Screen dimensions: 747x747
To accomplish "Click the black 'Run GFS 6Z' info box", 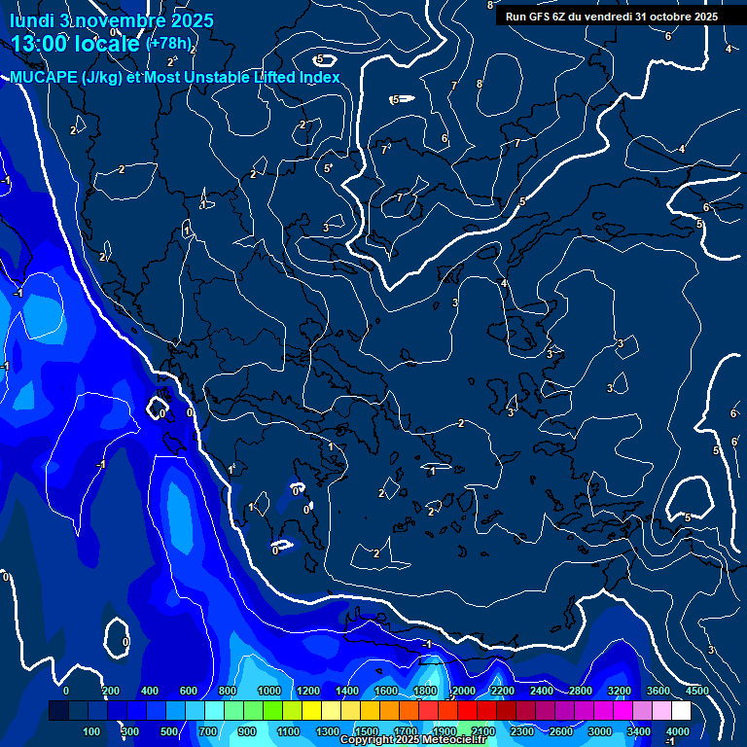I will (x=611, y=17).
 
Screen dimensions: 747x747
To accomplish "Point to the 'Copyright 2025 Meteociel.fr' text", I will (x=412, y=740).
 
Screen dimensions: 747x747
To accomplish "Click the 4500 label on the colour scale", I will (x=696, y=691).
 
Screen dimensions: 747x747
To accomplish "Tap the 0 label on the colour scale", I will (x=66, y=691).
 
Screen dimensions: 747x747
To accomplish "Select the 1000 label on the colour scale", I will (x=267, y=691).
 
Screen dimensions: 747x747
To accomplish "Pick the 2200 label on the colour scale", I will (x=502, y=691).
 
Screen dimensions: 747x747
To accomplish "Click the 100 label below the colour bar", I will (x=92, y=731).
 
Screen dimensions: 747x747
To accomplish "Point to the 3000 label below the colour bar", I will (x=600, y=731).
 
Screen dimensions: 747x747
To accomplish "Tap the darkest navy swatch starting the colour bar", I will (x=58, y=711).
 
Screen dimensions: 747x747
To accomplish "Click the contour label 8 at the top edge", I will (x=489, y=6).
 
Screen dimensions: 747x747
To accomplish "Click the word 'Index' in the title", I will (x=317, y=78).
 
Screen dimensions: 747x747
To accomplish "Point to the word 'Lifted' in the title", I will (x=267, y=78).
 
